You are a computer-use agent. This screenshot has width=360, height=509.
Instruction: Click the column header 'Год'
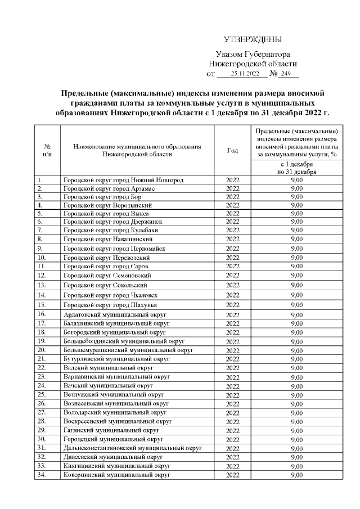point(232,150)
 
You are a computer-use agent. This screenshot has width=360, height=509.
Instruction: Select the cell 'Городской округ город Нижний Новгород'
point(123,180)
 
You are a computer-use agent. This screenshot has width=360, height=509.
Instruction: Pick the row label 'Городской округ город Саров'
point(106,266)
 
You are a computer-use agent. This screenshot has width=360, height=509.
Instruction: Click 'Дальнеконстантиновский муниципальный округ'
point(132,448)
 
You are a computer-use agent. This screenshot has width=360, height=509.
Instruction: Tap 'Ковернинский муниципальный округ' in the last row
point(116,475)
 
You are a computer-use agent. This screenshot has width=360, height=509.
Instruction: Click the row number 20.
point(41,350)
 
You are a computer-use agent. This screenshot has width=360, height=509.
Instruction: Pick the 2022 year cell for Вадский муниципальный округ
point(232,368)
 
